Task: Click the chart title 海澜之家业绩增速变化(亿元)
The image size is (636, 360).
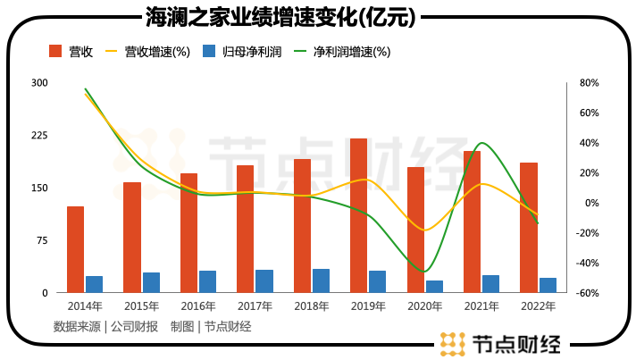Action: [x=285, y=15]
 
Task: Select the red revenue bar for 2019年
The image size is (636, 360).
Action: [x=358, y=215]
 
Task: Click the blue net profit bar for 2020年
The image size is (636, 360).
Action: [x=434, y=286]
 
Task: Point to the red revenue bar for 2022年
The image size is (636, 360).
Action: [x=529, y=227]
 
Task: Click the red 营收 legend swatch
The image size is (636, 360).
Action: [x=55, y=52]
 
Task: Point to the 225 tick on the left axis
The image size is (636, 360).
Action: [x=39, y=136]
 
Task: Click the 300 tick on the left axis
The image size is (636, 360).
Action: [x=39, y=83]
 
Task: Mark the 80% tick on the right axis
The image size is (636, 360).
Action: [x=589, y=83]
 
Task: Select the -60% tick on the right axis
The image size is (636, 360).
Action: [x=588, y=293]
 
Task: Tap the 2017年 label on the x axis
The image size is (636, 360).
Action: [x=255, y=306]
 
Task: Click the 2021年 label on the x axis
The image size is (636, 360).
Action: [x=481, y=306]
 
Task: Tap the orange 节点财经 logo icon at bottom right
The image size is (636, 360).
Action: [x=453, y=344]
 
